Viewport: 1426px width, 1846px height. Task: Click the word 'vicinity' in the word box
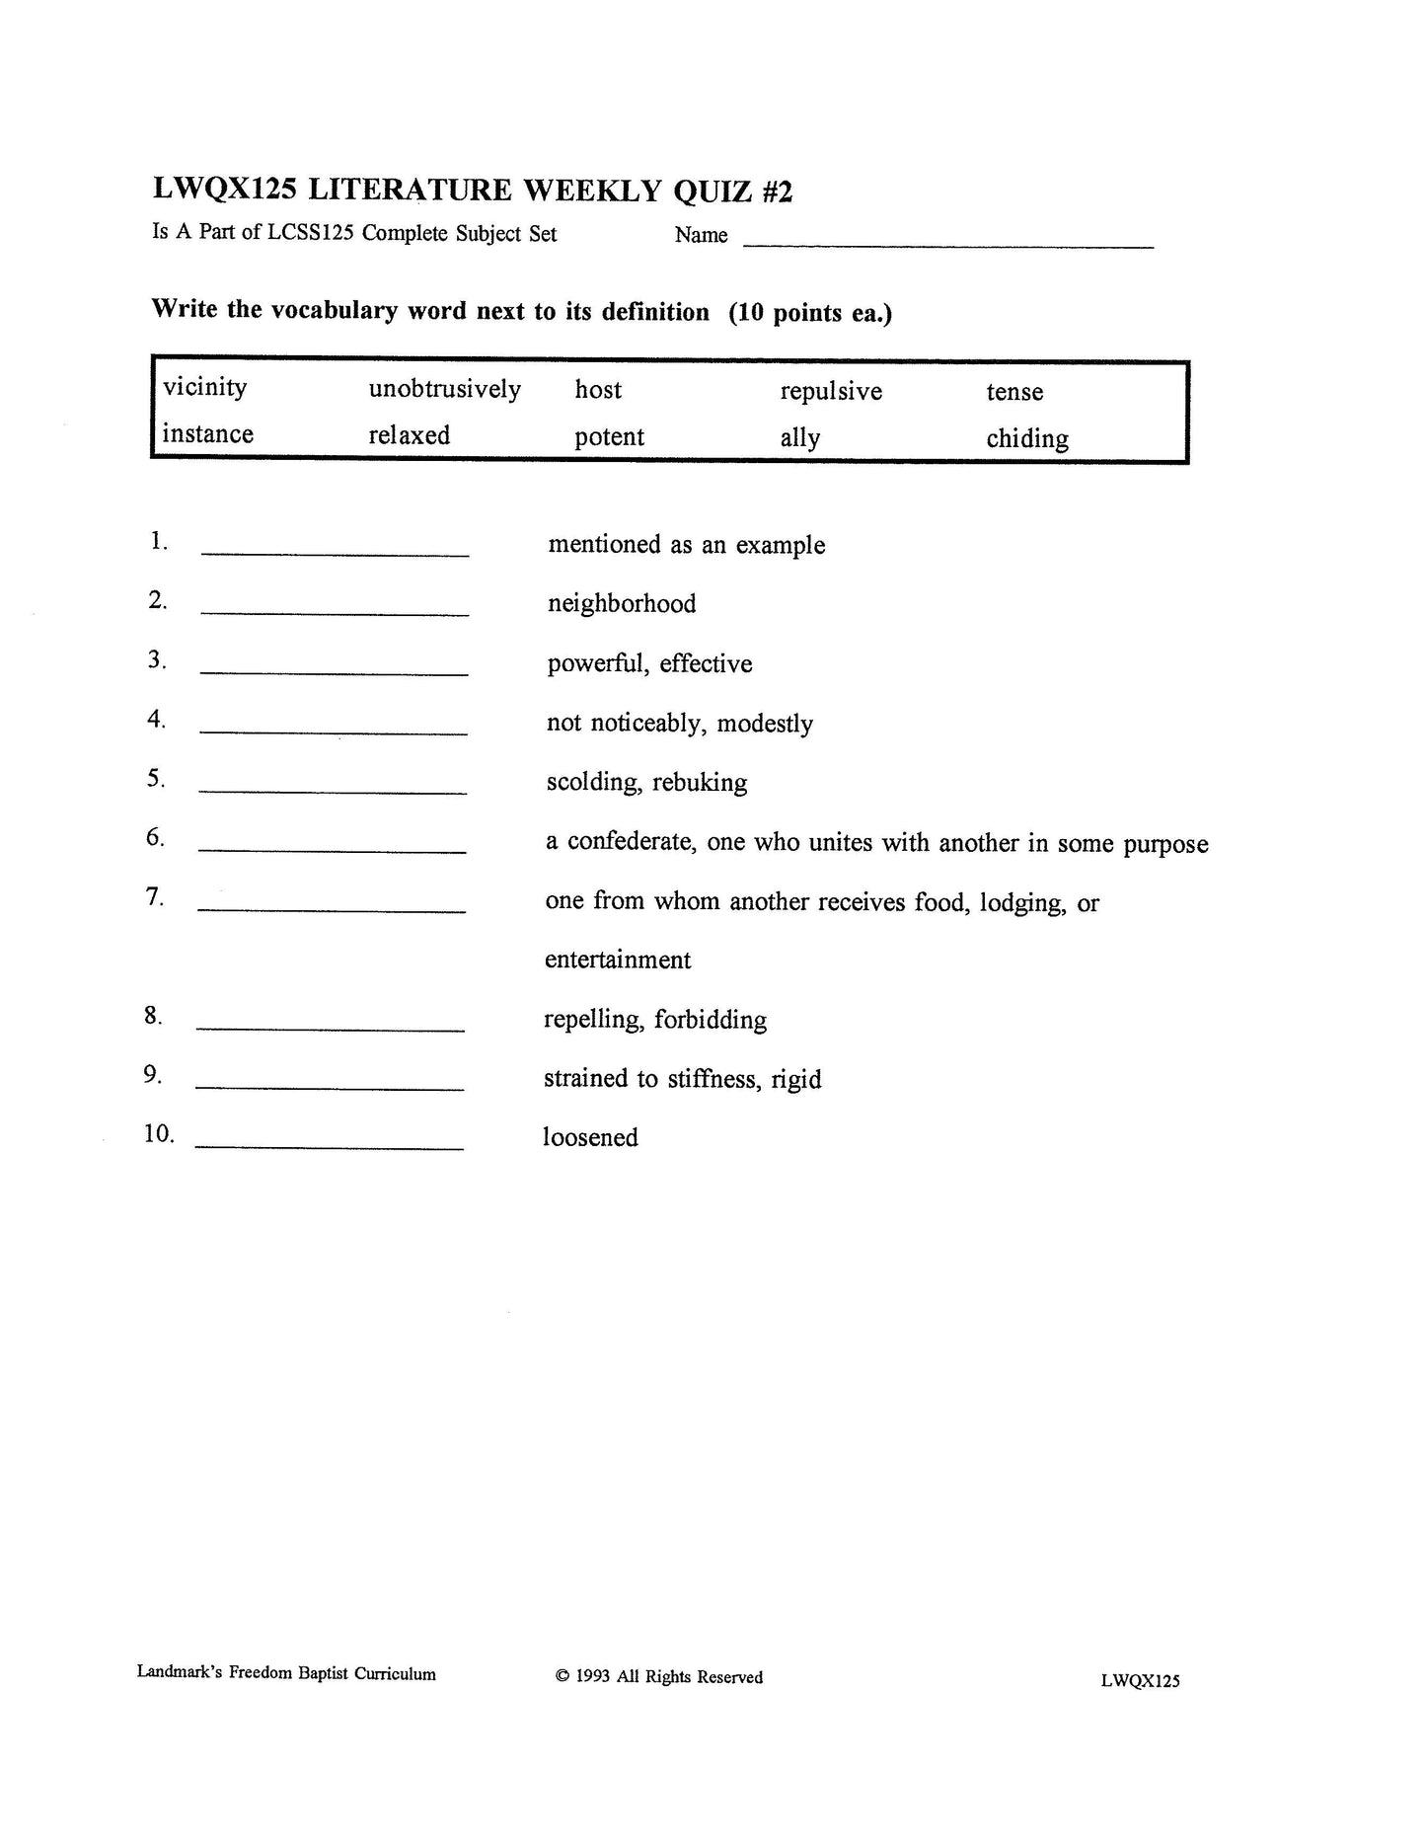204,388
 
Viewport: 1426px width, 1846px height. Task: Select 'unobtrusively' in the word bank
444,390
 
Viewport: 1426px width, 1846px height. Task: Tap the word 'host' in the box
598,390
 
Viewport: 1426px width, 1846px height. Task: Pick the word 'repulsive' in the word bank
831,392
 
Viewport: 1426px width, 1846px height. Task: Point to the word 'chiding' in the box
1026,439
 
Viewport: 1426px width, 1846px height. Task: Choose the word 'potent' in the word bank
609,437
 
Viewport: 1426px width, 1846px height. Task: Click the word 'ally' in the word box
799,439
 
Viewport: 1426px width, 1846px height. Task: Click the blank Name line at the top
947,239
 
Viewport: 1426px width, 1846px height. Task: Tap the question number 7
155,897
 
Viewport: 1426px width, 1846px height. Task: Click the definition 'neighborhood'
622,604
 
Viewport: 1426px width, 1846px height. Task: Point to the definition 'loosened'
590,1138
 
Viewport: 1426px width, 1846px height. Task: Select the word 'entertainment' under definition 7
618,961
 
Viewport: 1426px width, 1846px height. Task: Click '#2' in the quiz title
776,192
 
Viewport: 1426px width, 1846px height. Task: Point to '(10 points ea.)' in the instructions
810,314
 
